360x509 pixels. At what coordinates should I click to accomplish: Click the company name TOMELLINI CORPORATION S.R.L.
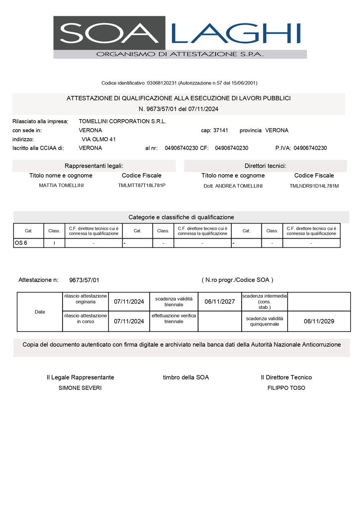tap(122, 121)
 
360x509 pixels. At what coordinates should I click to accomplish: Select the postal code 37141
tap(220, 130)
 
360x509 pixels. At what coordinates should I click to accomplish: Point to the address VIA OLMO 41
tap(99, 139)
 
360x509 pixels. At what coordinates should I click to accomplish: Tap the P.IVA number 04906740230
tap(310, 148)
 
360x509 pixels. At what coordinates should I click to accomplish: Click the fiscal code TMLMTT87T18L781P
tap(142, 185)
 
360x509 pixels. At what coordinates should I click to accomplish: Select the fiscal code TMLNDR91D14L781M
tap(314, 186)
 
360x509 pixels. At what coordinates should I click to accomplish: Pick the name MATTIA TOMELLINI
tap(61, 185)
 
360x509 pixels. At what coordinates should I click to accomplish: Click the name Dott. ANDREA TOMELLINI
tap(233, 186)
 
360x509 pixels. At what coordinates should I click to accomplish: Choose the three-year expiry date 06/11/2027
tap(220, 302)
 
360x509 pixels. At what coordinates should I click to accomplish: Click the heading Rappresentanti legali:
tap(94, 166)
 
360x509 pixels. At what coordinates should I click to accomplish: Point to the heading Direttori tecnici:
tap(265, 166)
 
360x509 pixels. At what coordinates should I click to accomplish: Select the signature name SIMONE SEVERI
tap(80, 388)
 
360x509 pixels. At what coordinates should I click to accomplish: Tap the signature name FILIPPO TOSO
tap(286, 388)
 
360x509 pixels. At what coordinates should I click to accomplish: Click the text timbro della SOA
tap(186, 377)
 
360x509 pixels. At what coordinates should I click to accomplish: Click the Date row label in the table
tap(40, 312)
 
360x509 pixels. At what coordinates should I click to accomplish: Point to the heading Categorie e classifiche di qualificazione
tap(181, 217)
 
